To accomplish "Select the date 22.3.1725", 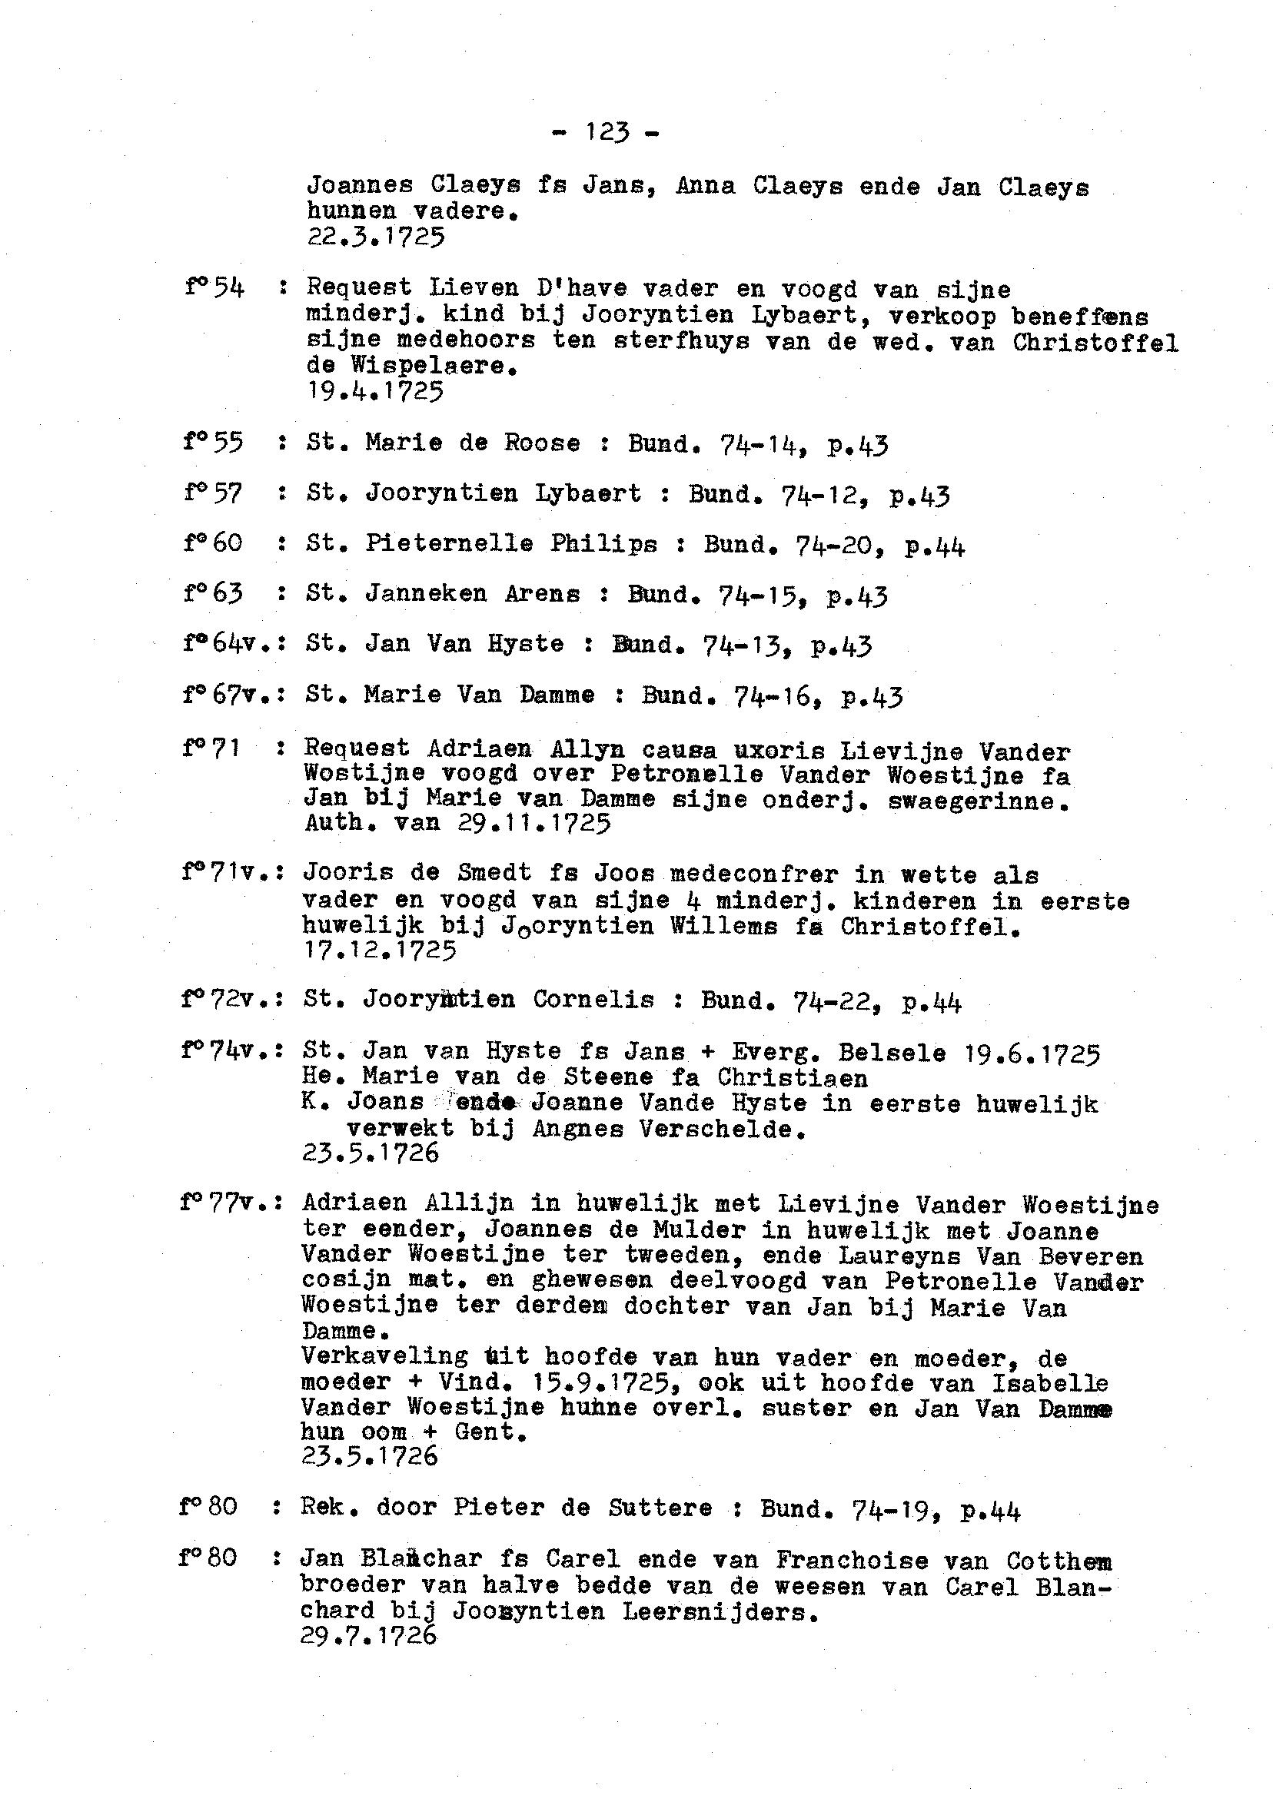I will click(x=376, y=237).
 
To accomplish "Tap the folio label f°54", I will click(x=214, y=288).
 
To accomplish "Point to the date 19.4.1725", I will click(x=375, y=390).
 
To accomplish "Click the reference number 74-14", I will click(x=758, y=444).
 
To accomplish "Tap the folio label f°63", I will click(x=213, y=593).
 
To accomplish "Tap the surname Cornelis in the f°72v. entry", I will click(x=593, y=1000).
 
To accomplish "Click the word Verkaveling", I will click(x=384, y=1356).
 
